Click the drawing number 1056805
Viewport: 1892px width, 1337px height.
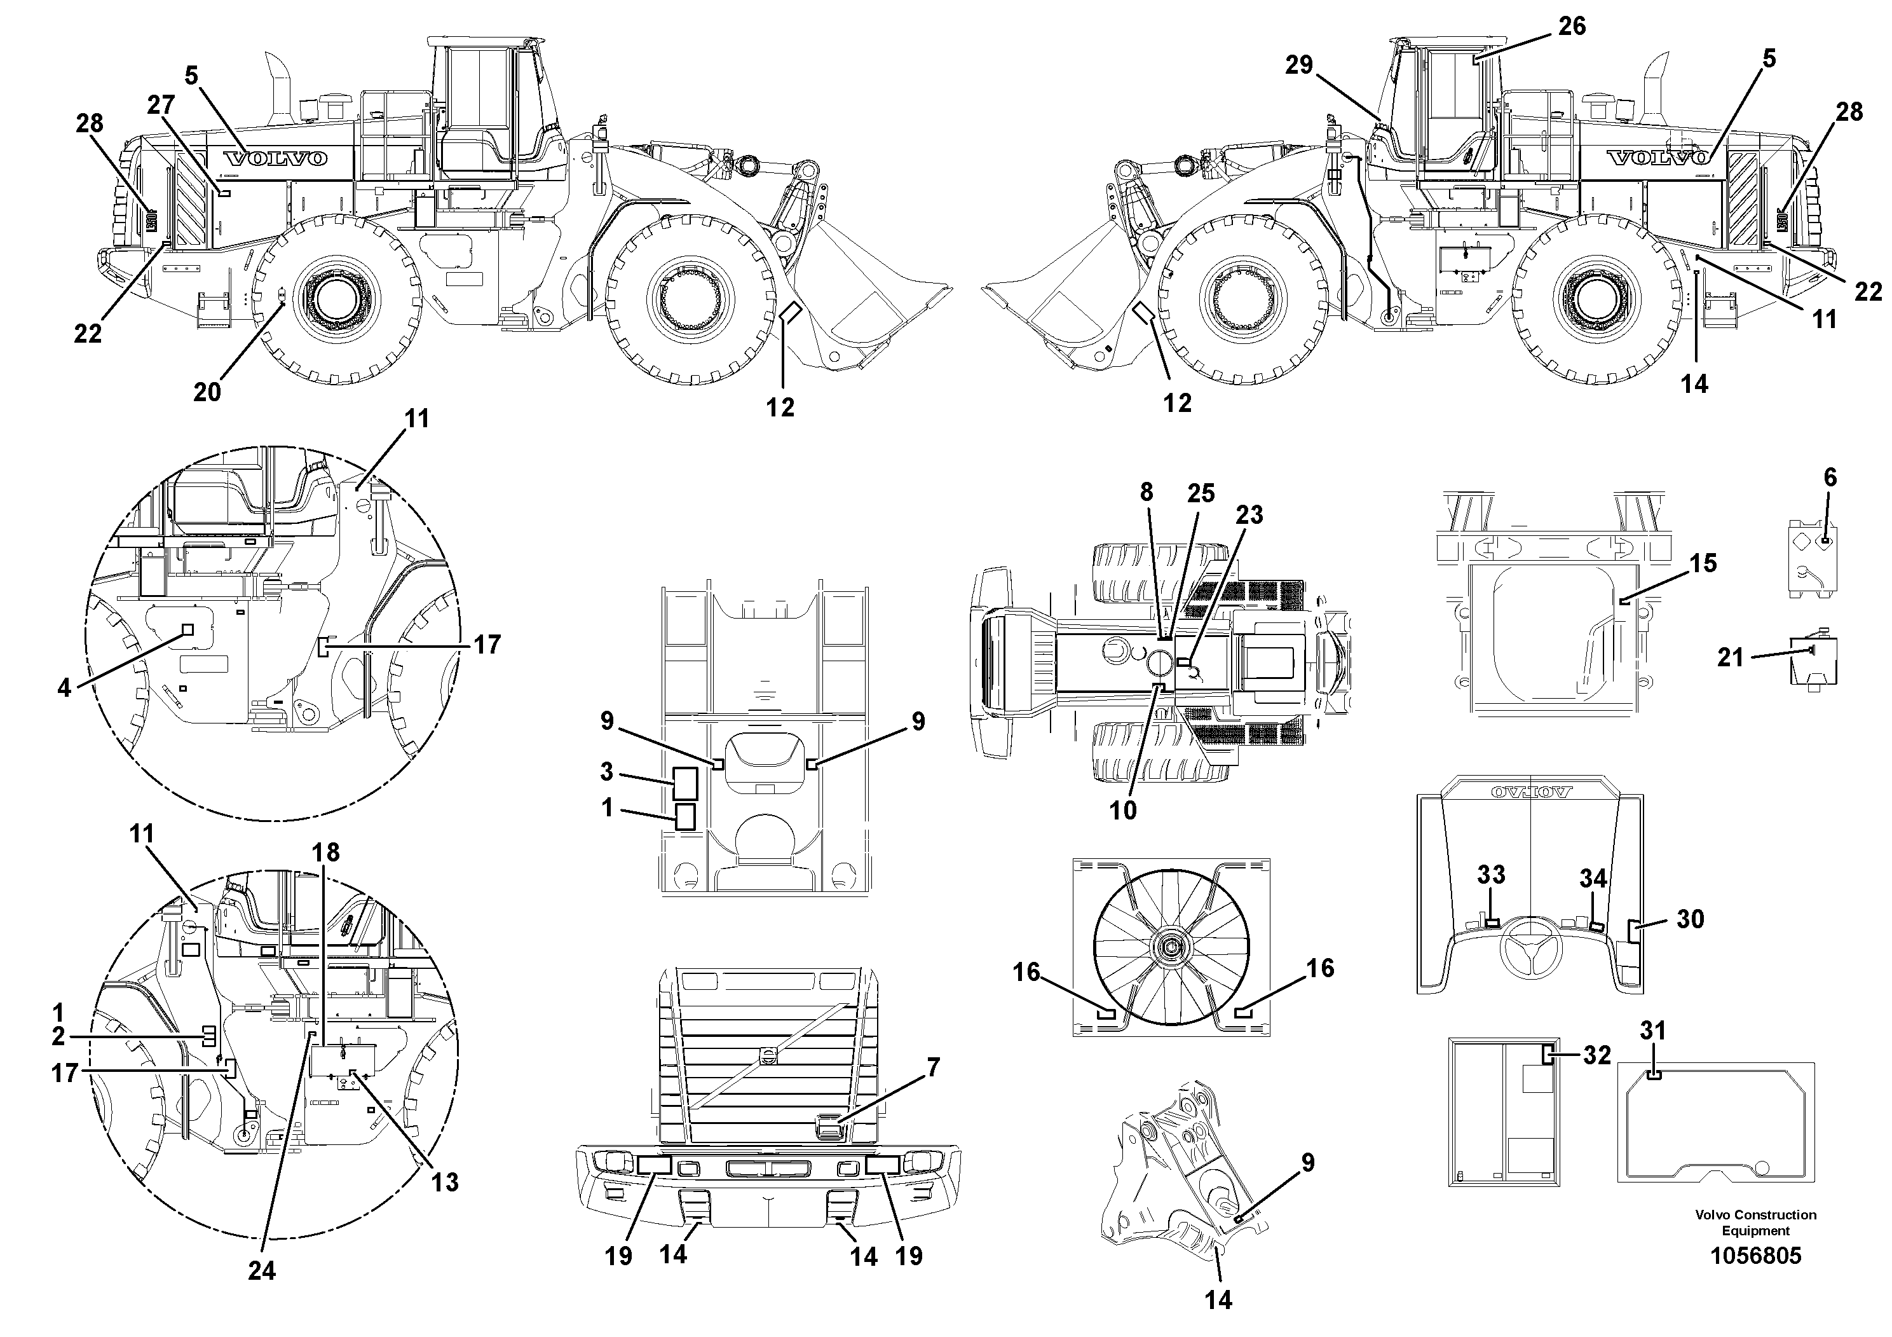1755,1256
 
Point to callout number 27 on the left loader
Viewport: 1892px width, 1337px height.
161,105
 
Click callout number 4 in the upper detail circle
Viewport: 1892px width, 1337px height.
64,687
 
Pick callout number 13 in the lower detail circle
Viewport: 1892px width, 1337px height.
445,1181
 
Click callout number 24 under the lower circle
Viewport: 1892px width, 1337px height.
261,1270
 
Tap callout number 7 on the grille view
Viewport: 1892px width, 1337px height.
933,1068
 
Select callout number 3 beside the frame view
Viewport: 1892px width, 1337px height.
606,772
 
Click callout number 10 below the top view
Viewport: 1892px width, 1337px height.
1122,811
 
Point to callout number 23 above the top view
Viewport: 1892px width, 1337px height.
1249,514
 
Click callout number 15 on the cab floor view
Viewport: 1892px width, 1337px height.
1703,563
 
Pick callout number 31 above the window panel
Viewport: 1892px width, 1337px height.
1652,1031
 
